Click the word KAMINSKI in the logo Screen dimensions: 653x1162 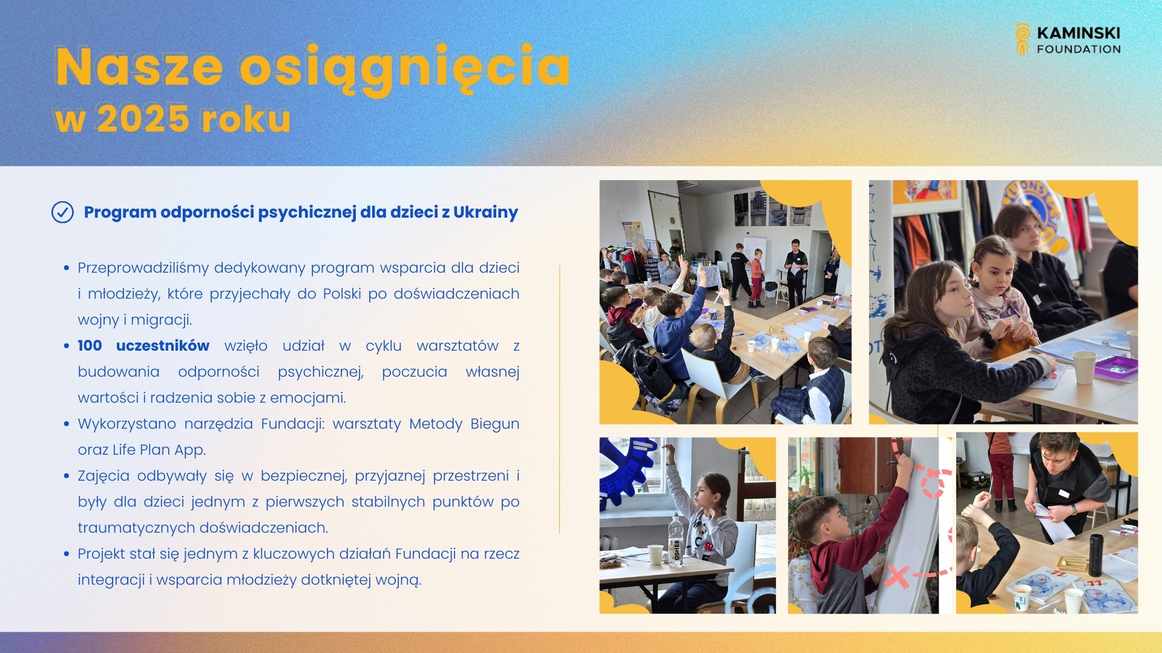pyautogui.click(x=1078, y=33)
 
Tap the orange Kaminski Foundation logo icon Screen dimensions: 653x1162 pyautogui.click(x=1022, y=39)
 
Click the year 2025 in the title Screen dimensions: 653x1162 pyautogui.click(x=143, y=119)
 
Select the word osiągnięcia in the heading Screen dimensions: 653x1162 pyautogui.click(x=404, y=67)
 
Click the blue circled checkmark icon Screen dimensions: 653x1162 pyautogui.click(x=62, y=212)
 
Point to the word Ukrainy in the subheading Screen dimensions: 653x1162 pyautogui.click(x=485, y=212)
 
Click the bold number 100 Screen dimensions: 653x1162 pyautogui.click(x=90, y=346)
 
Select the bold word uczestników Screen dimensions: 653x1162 pyautogui.click(x=162, y=346)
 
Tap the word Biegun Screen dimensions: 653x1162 pyautogui.click(x=494, y=424)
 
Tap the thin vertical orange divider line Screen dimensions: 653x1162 pyautogui.click(x=559, y=399)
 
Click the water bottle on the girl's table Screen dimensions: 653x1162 pyautogui.click(x=675, y=540)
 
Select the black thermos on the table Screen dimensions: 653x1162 pyautogui.click(x=1095, y=554)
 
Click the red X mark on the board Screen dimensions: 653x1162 pyautogui.click(x=897, y=576)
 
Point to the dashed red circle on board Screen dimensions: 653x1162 pyautogui.click(x=932, y=482)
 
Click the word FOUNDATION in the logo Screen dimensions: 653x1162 pyautogui.click(x=1078, y=50)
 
